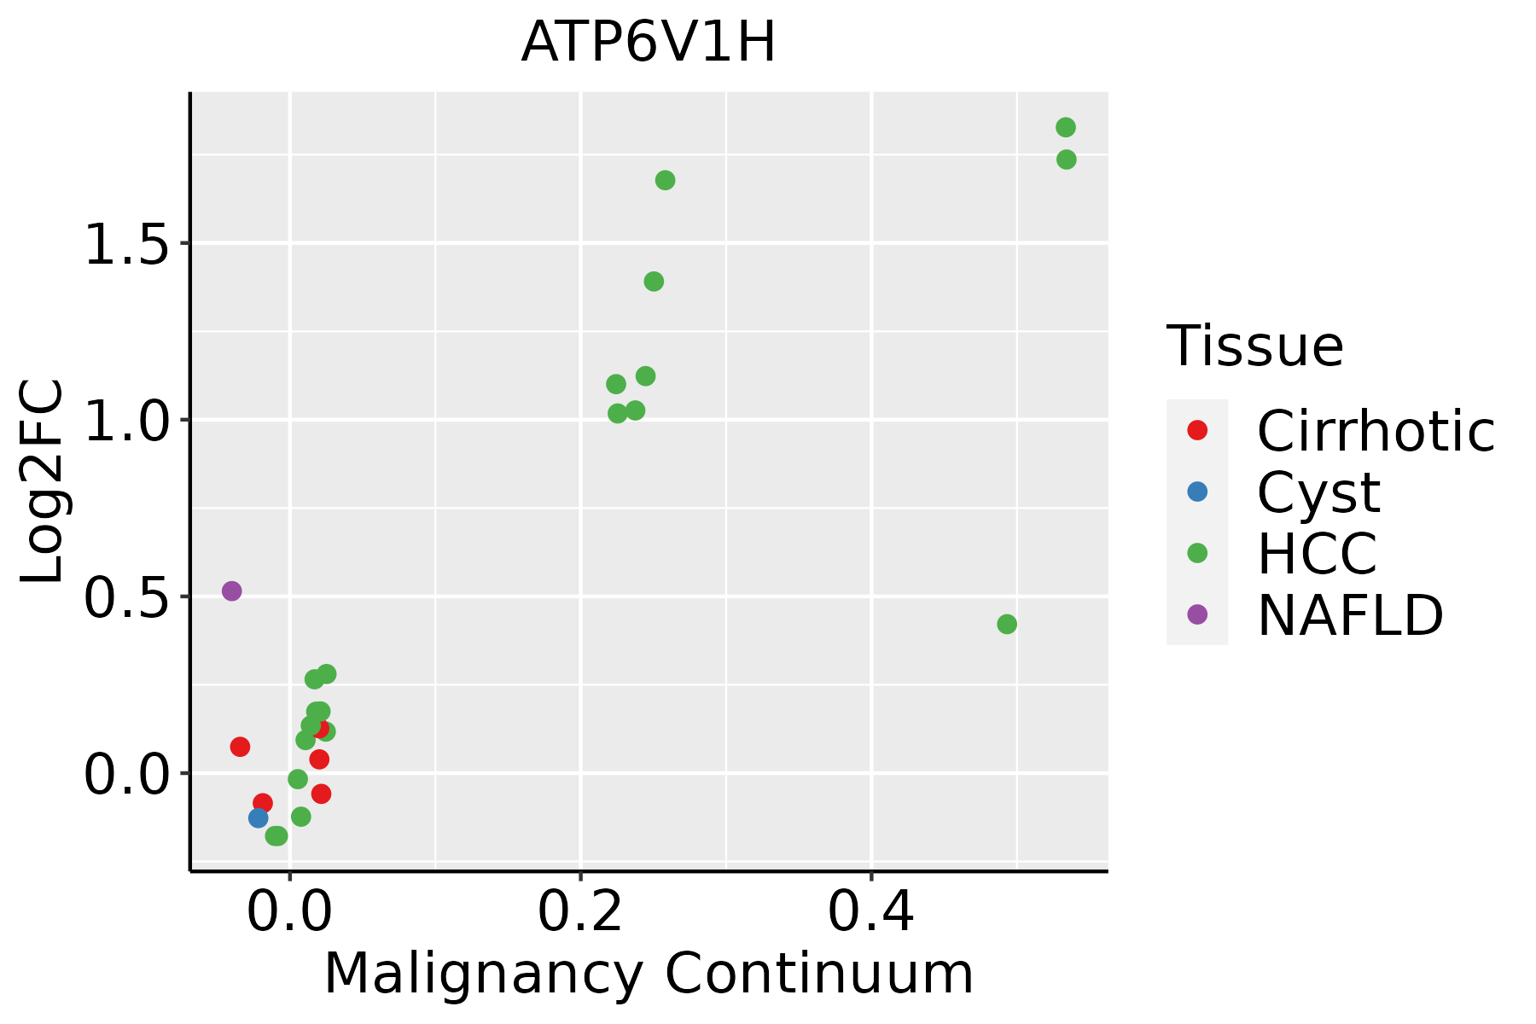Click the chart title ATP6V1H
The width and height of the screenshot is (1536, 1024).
point(649,43)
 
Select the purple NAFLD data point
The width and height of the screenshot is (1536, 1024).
point(231,591)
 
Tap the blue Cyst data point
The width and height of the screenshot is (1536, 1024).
point(259,817)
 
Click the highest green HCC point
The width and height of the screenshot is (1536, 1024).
point(1066,127)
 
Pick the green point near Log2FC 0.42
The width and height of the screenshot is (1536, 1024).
point(1007,624)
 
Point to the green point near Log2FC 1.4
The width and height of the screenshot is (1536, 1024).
point(654,282)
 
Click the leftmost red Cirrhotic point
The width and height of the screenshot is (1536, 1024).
point(240,747)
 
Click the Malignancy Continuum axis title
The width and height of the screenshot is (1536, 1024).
point(649,974)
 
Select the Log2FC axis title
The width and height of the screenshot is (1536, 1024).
point(43,481)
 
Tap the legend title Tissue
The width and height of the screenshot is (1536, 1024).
point(1254,346)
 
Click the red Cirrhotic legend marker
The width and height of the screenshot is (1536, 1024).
point(1197,430)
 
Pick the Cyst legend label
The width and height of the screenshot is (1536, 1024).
point(1318,492)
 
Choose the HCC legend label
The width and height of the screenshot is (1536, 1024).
point(1317,553)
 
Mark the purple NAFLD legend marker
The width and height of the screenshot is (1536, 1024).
point(1197,614)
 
